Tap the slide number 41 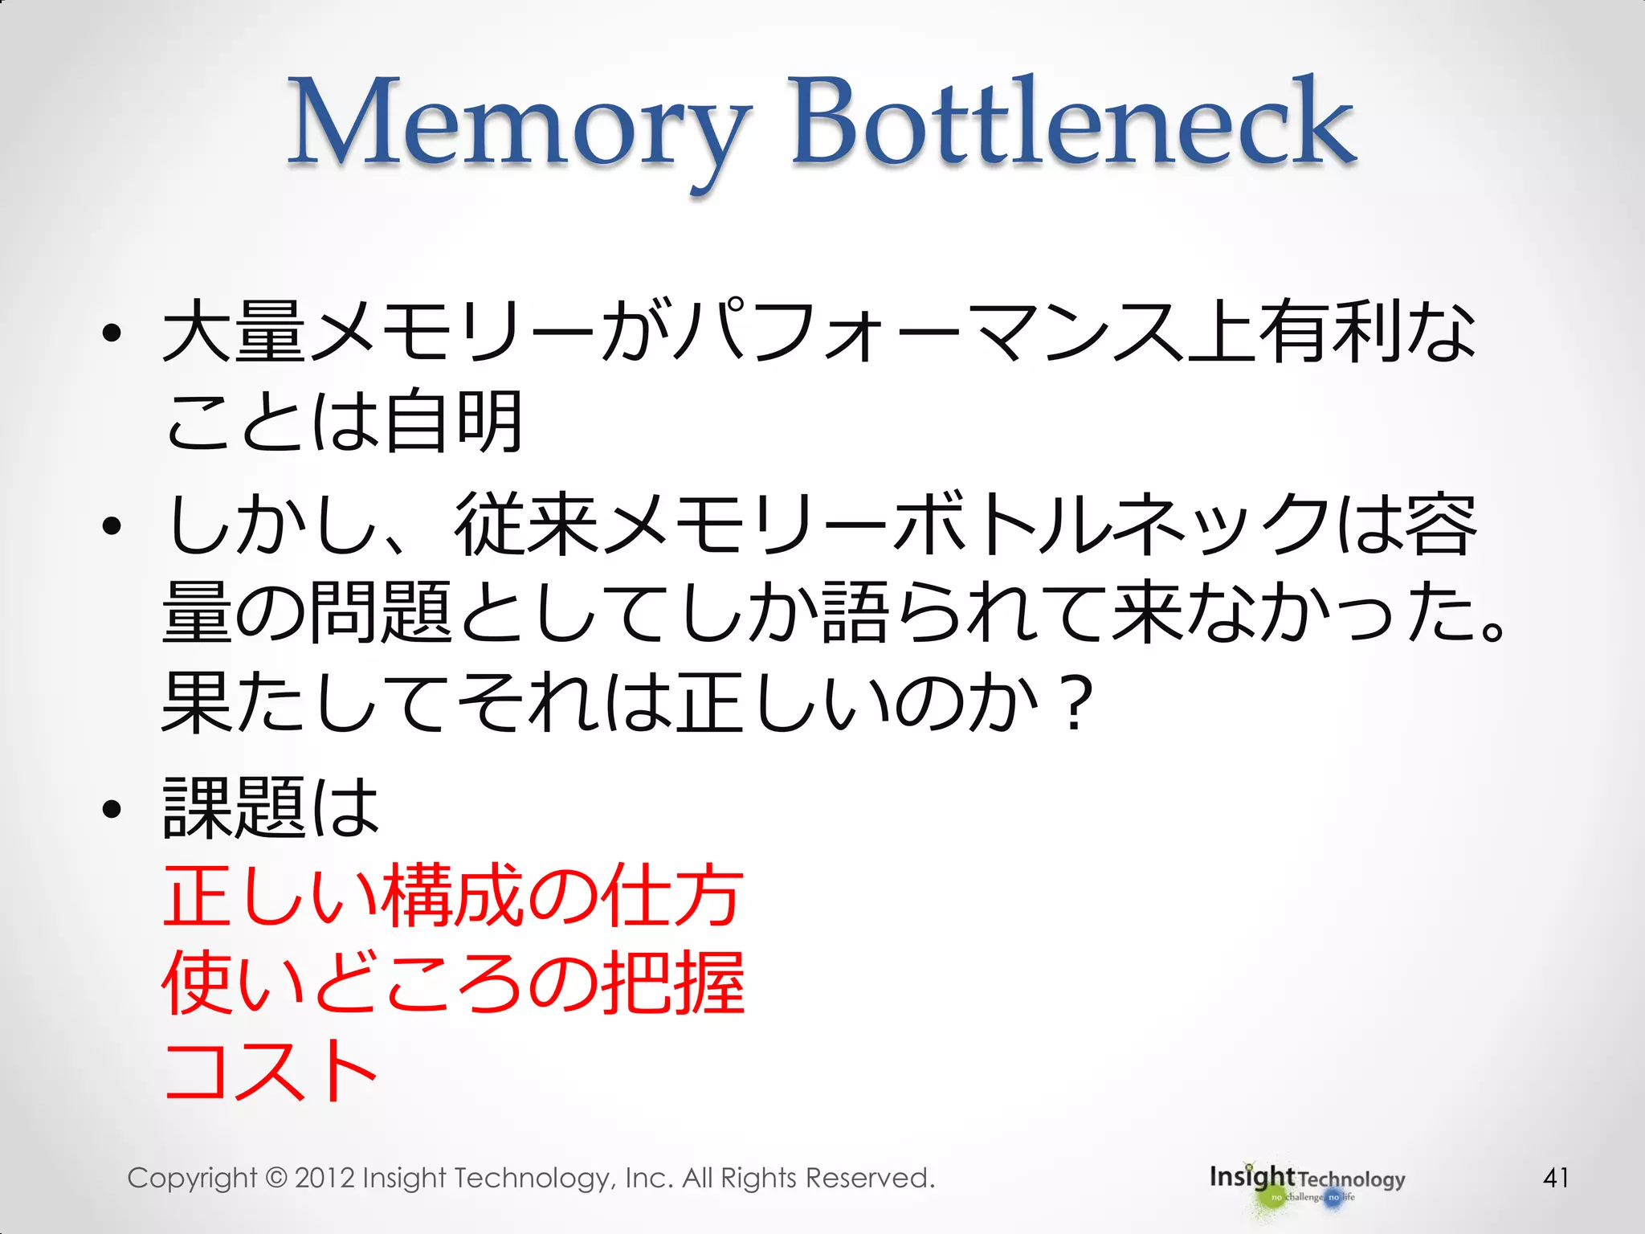click(x=1556, y=1178)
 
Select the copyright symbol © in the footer click(x=276, y=1178)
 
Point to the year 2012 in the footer click(x=325, y=1178)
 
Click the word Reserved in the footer click(x=869, y=1178)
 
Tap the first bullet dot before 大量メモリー click(x=112, y=333)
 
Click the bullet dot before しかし click(x=112, y=526)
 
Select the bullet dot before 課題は click(x=112, y=809)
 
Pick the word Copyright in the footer click(x=192, y=1179)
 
